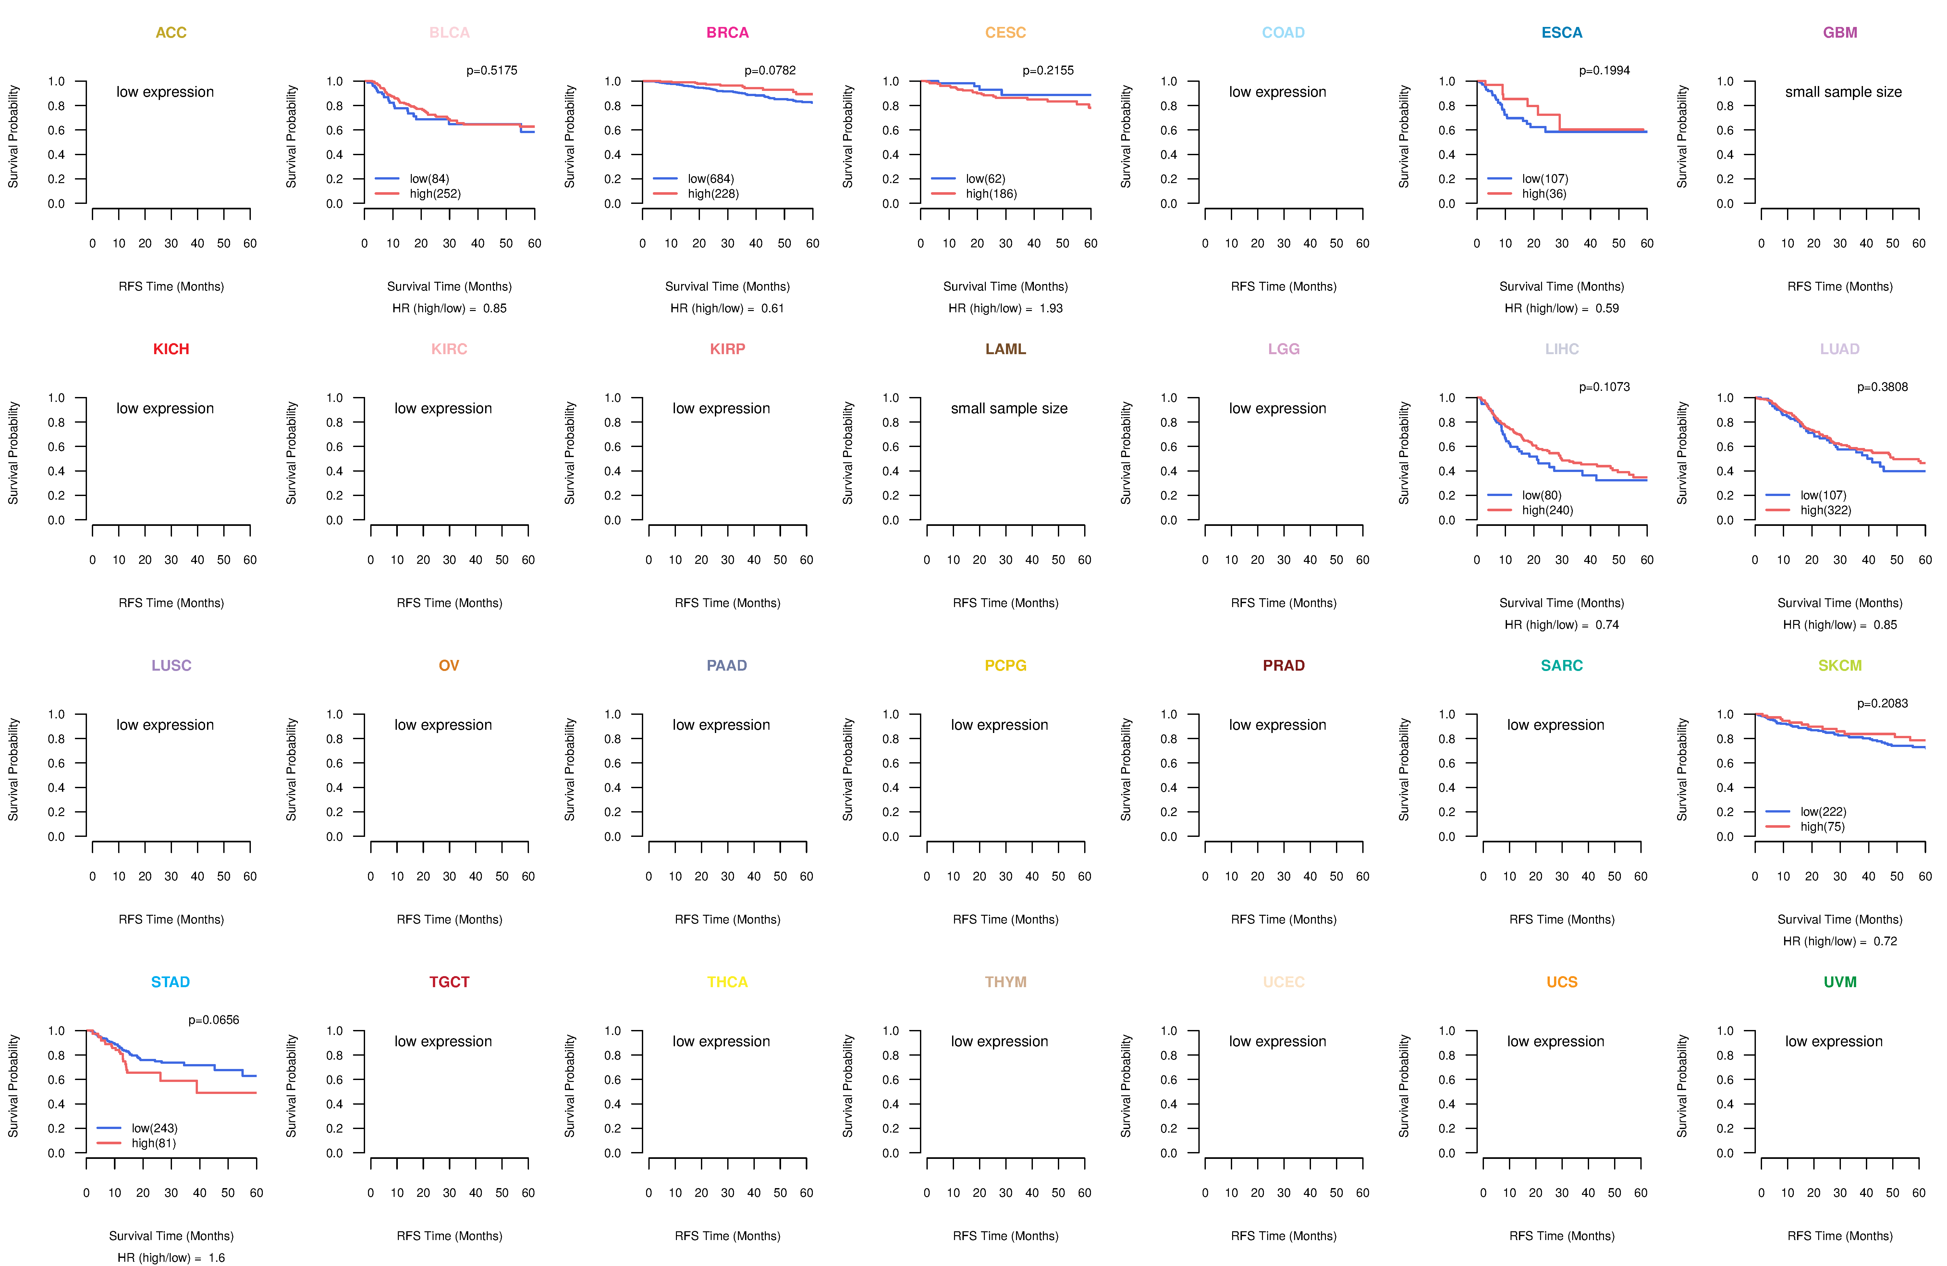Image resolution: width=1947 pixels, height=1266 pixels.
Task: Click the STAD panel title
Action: [x=170, y=982]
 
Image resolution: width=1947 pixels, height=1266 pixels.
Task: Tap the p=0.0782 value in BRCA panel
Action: [x=770, y=70]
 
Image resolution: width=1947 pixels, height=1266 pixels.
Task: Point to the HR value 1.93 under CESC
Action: [x=1051, y=308]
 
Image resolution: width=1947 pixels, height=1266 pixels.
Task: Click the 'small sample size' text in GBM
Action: [x=1843, y=92]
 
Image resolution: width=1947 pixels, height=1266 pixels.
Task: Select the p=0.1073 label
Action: [x=1604, y=387]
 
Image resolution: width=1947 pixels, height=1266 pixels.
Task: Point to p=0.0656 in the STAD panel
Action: [x=214, y=1020]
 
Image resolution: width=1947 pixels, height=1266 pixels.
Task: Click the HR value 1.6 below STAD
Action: [x=217, y=1258]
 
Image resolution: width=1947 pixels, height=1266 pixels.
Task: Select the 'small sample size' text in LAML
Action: [x=1009, y=408]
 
